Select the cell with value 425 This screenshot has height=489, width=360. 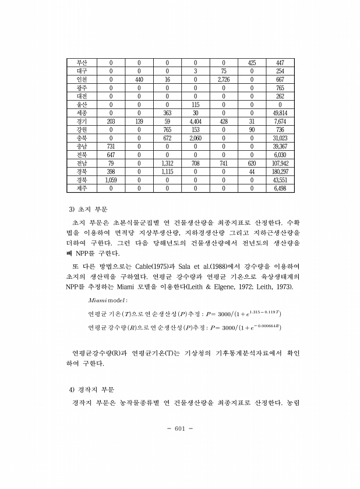point(252,62)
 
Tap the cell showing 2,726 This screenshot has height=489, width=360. point(224,79)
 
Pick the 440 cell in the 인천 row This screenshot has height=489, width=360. point(139,79)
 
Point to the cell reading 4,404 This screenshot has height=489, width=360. point(195,122)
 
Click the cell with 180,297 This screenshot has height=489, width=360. point(280,172)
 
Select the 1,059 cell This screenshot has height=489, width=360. point(111,180)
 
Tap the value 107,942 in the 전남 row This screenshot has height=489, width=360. point(280,164)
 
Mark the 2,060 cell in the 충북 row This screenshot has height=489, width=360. point(195,139)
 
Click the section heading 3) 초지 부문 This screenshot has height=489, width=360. point(89,208)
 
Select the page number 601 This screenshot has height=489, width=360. point(179,429)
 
